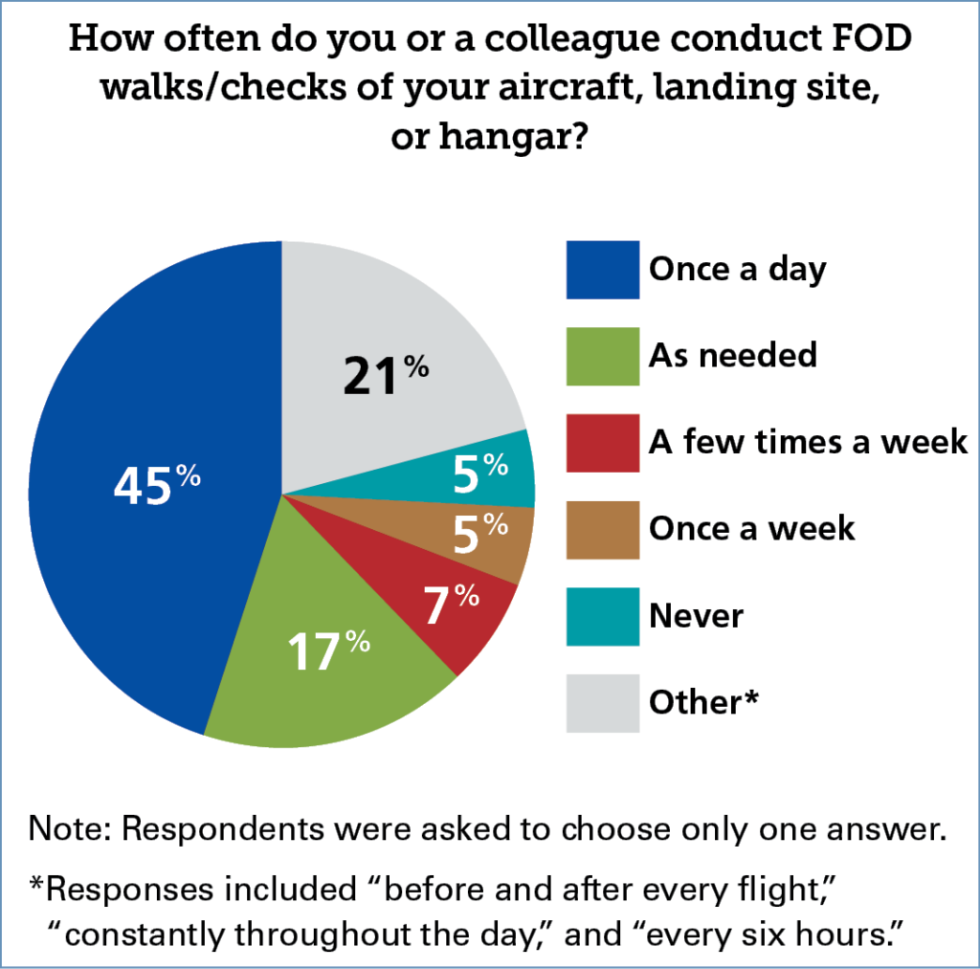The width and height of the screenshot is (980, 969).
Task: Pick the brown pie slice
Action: (x=498, y=540)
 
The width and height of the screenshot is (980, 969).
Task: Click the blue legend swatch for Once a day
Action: (x=602, y=270)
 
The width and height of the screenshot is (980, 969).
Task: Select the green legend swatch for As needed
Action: (x=602, y=356)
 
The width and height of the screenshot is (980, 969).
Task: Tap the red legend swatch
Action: (x=602, y=443)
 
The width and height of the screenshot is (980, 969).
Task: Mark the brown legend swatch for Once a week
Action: (x=602, y=529)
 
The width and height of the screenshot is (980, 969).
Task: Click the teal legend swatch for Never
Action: (x=602, y=616)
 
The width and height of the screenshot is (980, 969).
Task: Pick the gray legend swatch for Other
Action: (x=602, y=703)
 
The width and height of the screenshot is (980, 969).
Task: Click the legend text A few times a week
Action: (x=808, y=443)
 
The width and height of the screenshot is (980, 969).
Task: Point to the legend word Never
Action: (x=696, y=616)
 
